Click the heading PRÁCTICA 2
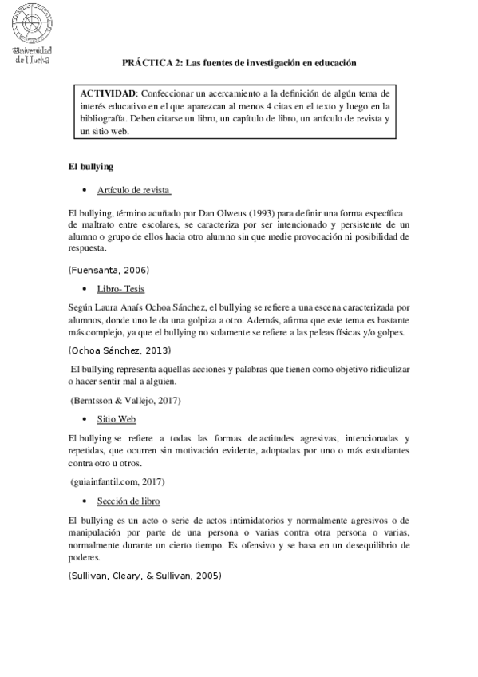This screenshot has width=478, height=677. (x=239, y=61)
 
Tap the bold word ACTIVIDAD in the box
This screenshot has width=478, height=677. (x=109, y=93)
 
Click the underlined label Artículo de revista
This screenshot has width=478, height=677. (x=134, y=190)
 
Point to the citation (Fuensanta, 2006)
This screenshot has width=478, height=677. (x=109, y=270)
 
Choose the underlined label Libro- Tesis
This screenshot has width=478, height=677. (x=121, y=288)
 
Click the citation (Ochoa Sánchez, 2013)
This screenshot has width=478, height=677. (x=120, y=350)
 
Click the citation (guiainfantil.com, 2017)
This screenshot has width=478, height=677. (x=117, y=481)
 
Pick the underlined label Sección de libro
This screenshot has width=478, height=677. (x=128, y=501)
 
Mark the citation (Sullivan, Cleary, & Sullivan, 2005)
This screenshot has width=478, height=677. (x=145, y=575)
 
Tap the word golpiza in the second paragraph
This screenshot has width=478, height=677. (x=206, y=319)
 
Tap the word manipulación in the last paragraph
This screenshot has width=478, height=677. (x=100, y=532)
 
